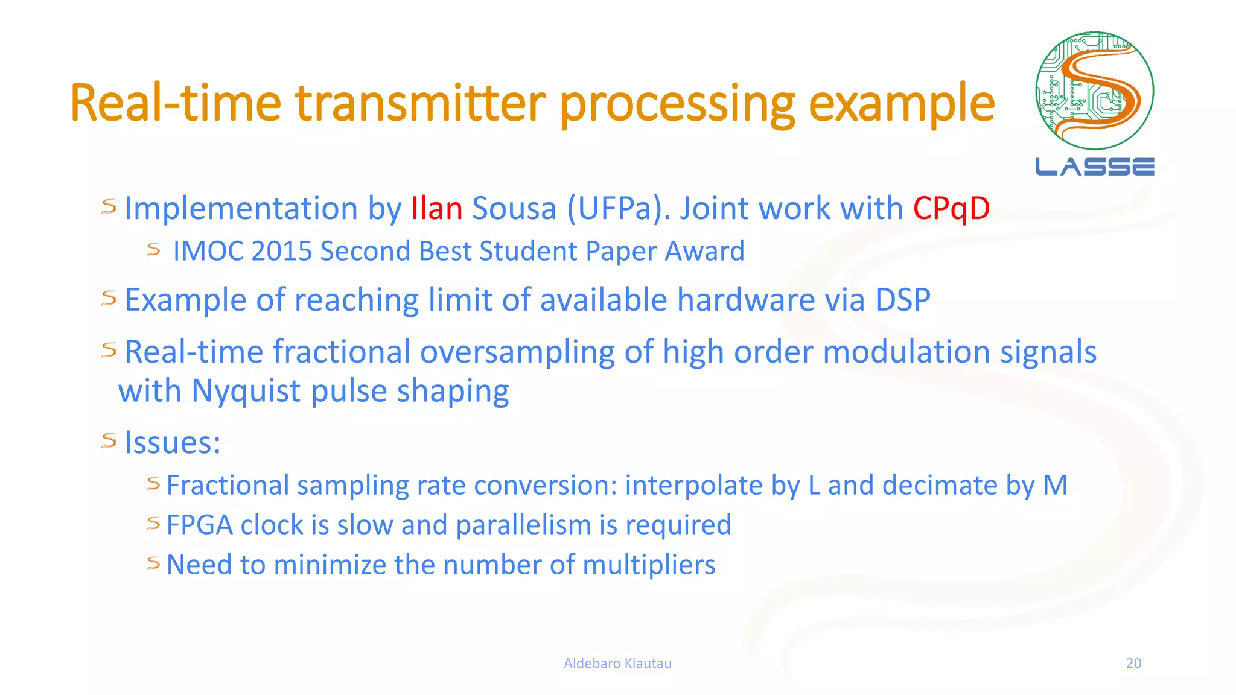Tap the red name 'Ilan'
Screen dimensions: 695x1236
436,209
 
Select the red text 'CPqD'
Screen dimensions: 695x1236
951,209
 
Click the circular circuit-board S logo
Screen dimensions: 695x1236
1094,90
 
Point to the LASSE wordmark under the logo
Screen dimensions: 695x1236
1094,167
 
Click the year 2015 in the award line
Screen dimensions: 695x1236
281,251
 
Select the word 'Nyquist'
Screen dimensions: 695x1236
247,392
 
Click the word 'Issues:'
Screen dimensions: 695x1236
173,443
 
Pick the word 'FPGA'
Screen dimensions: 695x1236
199,525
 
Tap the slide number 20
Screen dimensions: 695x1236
1133,663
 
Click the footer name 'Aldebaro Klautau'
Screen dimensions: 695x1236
617,663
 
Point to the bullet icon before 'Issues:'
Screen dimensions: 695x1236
109,440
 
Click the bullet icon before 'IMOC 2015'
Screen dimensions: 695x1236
153,249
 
